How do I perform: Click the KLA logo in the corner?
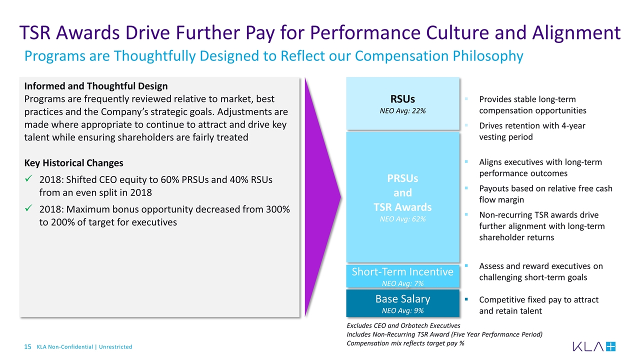(x=594, y=346)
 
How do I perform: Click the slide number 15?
(x=28, y=347)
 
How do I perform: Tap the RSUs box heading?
(x=402, y=98)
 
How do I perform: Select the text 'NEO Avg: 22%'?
(x=402, y=110)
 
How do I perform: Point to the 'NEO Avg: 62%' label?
(x=402, y=218)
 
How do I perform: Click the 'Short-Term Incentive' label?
(x=402, y=271)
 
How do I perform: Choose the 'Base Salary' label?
(x=402, y=299)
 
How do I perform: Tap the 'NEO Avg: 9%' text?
(x=402, y=310)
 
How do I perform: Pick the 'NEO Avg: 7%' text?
(x=402, y=283)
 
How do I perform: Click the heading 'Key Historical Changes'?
(x=73, y=163)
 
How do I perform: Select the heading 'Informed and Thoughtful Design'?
(x=96, y=86)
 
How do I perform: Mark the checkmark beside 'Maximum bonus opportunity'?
(x=29, y=209)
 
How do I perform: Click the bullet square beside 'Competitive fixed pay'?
(x=466, y=299)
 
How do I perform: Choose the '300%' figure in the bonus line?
(x=277, y=209)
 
